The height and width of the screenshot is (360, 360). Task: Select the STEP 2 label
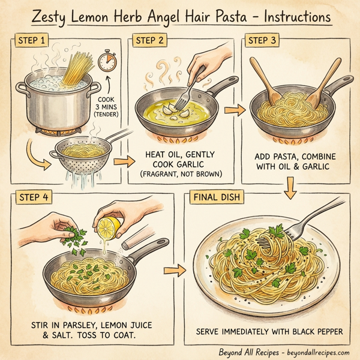151,41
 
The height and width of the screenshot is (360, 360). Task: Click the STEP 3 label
263,41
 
